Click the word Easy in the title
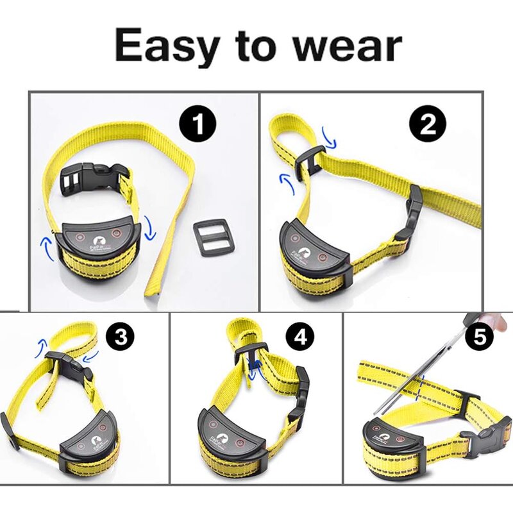pyautogui.click(x=164, y=46)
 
